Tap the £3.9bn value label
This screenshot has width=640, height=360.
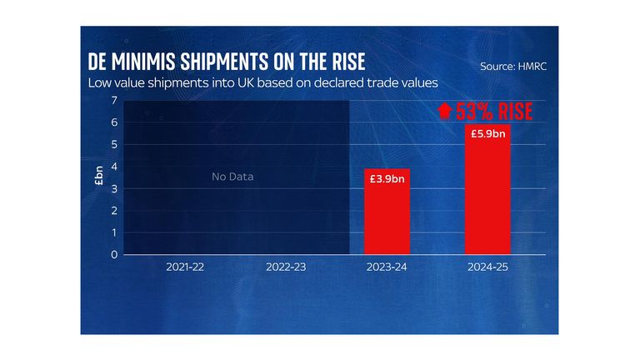387,179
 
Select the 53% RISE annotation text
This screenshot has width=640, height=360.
483,111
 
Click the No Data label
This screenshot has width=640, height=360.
232,177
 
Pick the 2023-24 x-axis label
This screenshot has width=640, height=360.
387,269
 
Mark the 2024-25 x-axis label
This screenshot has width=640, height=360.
487,269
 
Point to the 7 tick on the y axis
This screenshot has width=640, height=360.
113,101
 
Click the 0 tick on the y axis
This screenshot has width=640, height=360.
113,255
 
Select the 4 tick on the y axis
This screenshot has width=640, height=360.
113,167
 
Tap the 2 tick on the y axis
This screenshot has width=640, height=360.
113,211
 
